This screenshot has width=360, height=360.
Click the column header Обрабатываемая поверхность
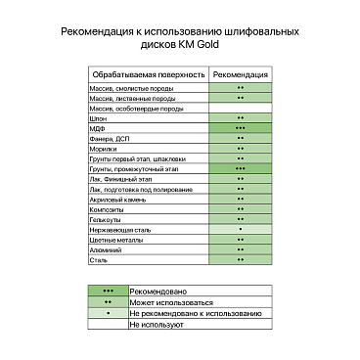tap(148, 74)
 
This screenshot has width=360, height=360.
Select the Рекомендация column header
tap(241, 74)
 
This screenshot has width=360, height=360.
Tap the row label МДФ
tap(98, 128)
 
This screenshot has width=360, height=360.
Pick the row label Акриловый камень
tap(115, 199)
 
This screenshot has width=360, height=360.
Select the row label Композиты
tap(107, 209)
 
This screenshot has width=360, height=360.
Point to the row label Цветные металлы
tap(113, 240)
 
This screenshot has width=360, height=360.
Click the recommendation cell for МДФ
tap(241, 128)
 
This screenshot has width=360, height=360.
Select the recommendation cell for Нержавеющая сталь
tap(241, 229)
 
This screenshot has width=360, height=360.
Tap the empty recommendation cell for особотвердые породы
tap(241, 109)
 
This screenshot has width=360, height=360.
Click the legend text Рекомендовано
tap(158, 292)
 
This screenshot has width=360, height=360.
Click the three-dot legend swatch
tap(109, 292)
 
